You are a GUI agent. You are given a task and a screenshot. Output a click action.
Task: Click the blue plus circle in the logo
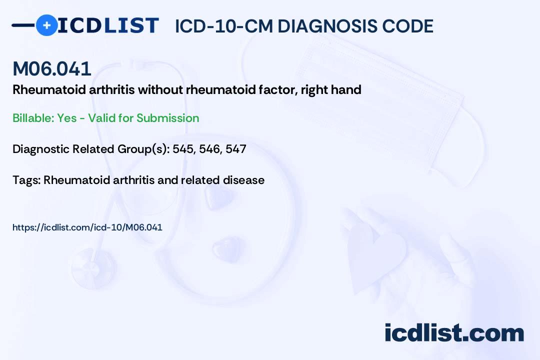click(x=46, y=25)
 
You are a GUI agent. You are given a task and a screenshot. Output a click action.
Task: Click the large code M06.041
click(x=52, y=69)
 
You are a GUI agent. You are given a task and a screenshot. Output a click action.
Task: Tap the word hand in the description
click(x=348, y=90)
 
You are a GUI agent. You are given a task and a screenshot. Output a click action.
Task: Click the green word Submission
click(x=167, y=118)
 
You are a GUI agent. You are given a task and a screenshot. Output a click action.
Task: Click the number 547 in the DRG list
click(x=235, y=149)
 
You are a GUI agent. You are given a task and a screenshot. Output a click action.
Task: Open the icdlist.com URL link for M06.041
click(x=87, y=227)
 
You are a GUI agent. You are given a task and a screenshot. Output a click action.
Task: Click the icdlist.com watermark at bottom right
click(x=454, y=333)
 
